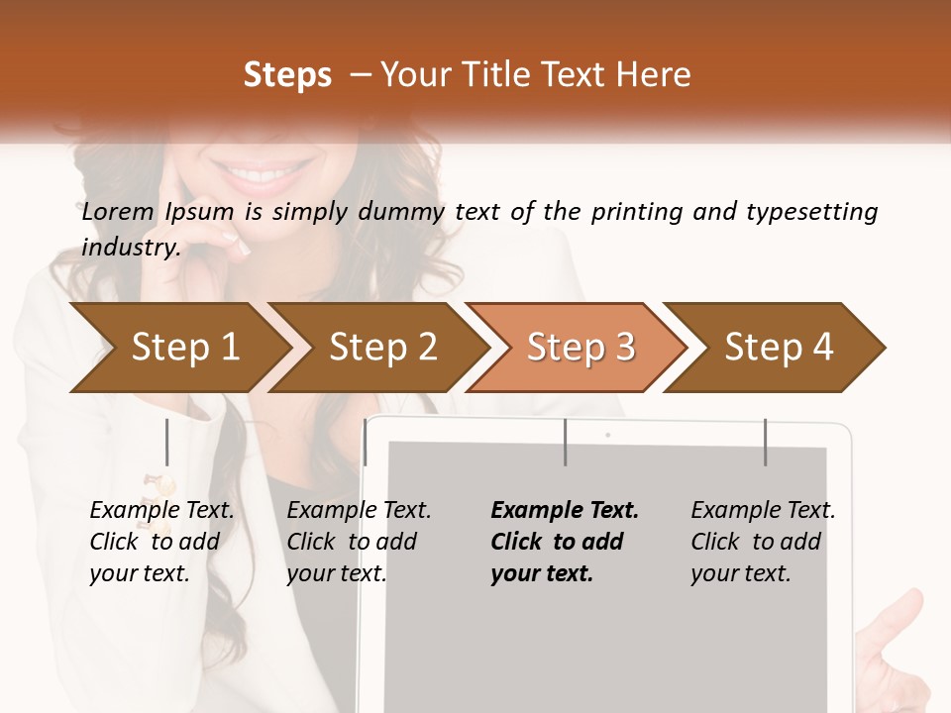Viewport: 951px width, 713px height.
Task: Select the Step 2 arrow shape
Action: point(381,348)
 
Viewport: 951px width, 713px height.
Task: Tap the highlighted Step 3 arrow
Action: point(580,348)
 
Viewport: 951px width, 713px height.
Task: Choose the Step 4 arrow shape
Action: point(779,348)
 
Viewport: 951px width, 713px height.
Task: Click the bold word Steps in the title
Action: point(287,75)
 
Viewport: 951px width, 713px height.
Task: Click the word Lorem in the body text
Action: point(118,212)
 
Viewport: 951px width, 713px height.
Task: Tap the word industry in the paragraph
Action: point(130,247)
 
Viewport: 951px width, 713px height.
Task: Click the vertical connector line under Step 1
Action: point(167,442)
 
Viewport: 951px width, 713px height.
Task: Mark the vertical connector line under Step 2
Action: point(366,442)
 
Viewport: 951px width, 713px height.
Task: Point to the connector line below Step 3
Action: point(566,442)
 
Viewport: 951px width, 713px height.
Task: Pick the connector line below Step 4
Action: point(765,442)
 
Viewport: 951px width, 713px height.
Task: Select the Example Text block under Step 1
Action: point(161,542)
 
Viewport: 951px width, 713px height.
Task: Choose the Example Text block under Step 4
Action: point(763,542)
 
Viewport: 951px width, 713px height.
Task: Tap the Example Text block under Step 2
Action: point(359,542)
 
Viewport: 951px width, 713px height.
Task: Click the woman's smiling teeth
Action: point(260,176)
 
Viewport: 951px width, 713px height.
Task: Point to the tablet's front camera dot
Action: point(607,434)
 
